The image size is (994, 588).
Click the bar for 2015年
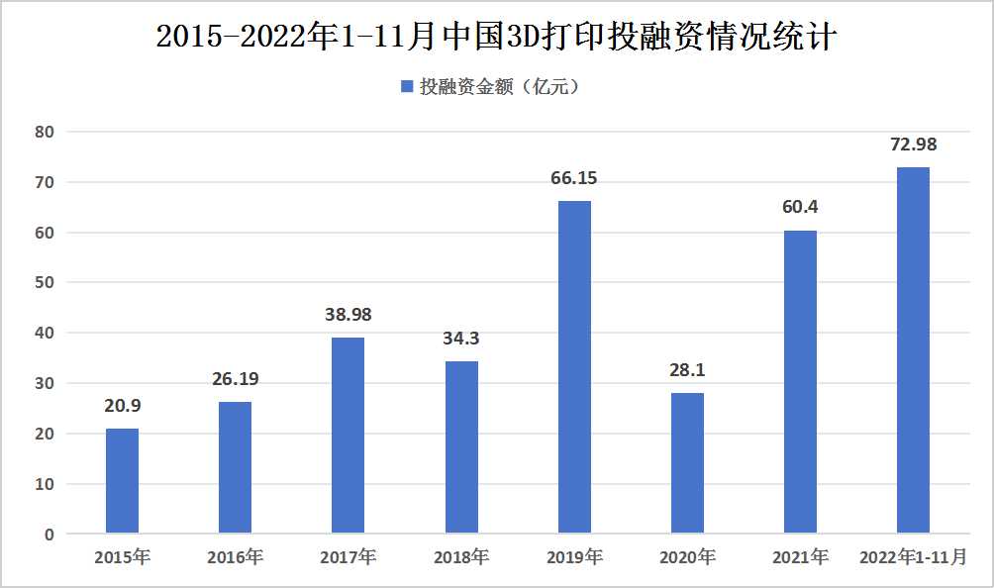tap(122, 481)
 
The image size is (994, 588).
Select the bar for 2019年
tap(574, 367)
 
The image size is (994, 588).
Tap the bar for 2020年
tap(687, 463)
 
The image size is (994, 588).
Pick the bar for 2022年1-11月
tap(913, 350)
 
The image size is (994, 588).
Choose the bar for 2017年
tap(348, 436)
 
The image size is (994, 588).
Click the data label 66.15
tap(574, 179)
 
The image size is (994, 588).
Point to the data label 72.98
tap(913, 145)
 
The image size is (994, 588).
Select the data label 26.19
tap(235, 379)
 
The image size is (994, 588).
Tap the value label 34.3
tap(461, 339)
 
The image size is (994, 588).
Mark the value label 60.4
tap(800, 208)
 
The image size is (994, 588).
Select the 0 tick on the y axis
tap(49, 535)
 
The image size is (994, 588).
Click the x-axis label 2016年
tap(235, 557)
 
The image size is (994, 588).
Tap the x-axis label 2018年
tap(461, 557)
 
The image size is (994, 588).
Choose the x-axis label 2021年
tap(800, 557)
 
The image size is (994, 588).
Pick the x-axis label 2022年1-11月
tap(913, 557)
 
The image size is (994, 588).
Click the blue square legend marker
tap(406, 87)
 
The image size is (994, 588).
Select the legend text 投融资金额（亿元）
tap(500, 87)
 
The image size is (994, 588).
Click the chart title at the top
tap(497, 37)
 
